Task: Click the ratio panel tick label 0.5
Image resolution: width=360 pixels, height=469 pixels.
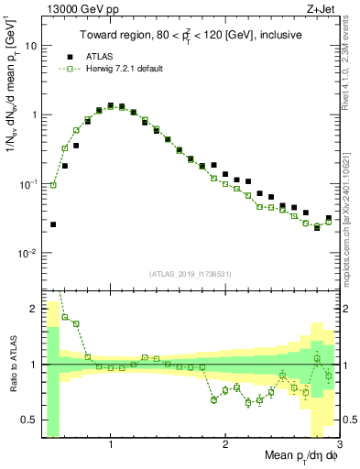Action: point(28,420)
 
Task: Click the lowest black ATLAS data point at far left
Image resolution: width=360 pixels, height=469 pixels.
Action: point(53,224)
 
